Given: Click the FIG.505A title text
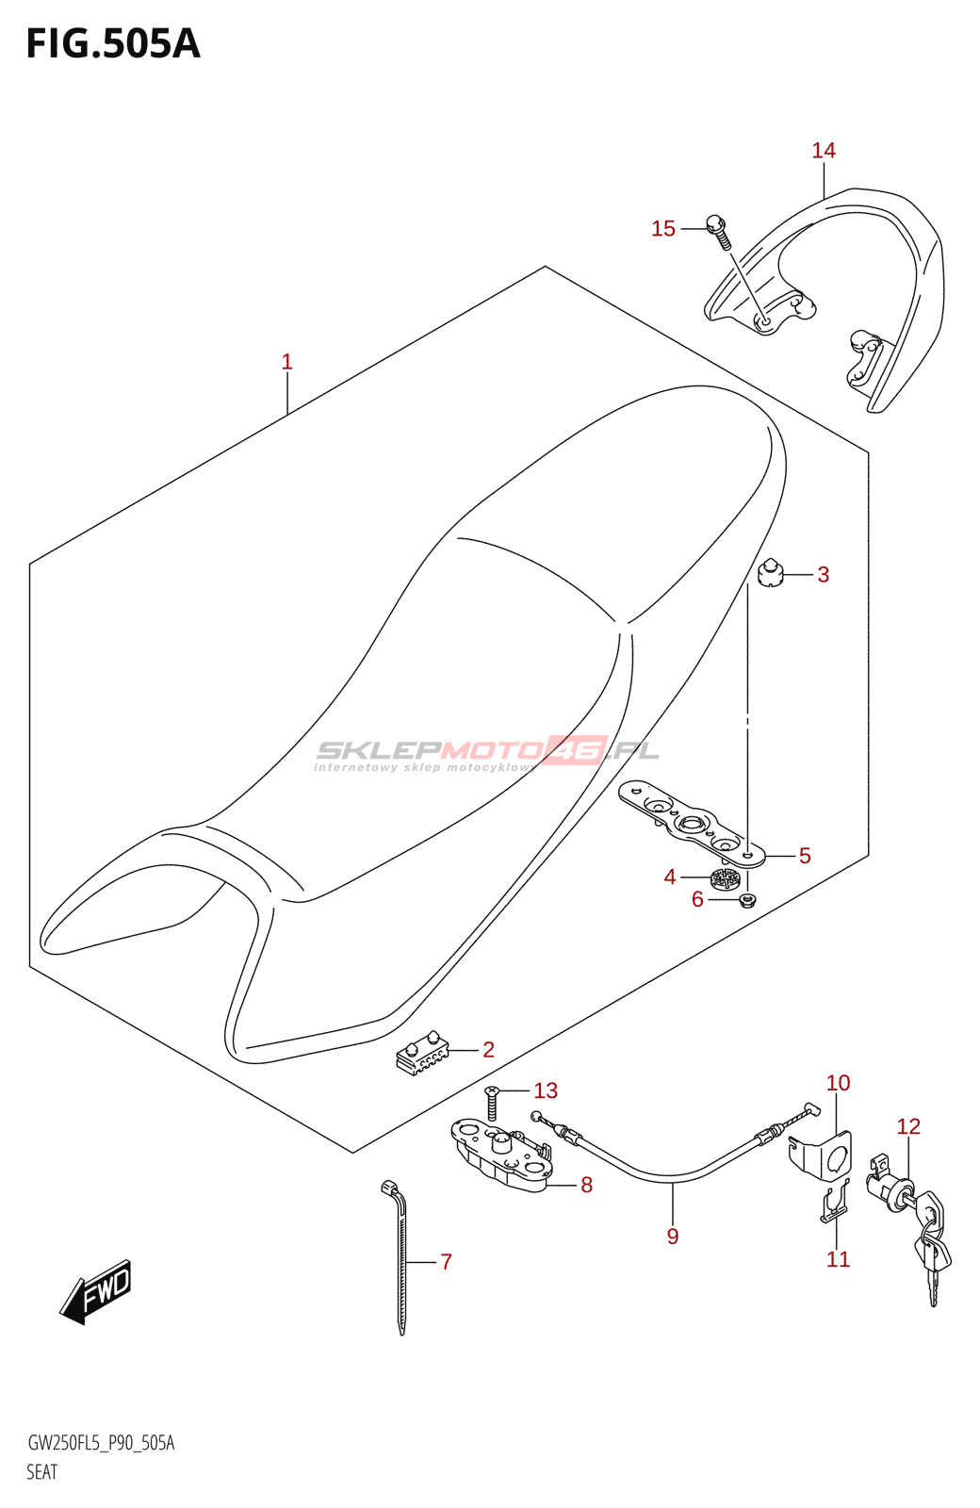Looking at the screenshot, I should click(113, 44).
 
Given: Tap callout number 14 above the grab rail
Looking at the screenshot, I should click(824, 151).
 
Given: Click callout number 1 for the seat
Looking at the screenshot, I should click(286, 362).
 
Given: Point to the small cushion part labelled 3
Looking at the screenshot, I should click(771, 574).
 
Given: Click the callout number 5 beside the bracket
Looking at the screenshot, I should click(805, 856).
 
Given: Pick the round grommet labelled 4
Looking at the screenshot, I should click(725, 879).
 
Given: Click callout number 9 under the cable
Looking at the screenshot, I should click(672, 1237).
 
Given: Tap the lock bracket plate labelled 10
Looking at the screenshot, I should click(824, 1156).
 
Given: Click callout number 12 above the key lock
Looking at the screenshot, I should click(908, 1126).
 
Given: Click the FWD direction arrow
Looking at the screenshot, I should click(96, 1292).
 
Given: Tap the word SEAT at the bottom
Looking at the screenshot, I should click(42, 1472).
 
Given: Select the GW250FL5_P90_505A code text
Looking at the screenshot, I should click(101, 1443).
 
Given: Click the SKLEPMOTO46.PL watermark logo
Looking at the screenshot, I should click(488, 752).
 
